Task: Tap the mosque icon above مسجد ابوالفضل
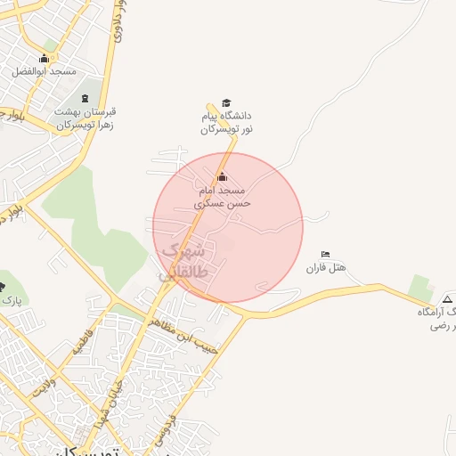[x=45, y=59]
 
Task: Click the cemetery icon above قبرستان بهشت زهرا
[x=85, y=98]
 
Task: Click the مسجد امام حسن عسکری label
[x=224, y=197]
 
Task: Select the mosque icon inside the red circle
[x=222, y=176]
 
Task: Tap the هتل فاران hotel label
[x=326, y=267]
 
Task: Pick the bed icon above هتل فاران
[x=325, y=254]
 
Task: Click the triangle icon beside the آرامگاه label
[x=447, y=298]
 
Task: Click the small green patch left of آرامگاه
[x=419, y=288]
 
